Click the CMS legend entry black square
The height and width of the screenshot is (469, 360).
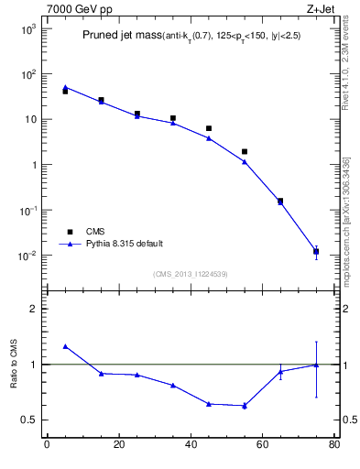coord(65,232)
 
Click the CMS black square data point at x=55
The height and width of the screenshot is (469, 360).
coord(245,151)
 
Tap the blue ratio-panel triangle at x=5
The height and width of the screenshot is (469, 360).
coord(65,346)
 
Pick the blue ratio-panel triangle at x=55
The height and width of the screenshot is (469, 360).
coord(245,405)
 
